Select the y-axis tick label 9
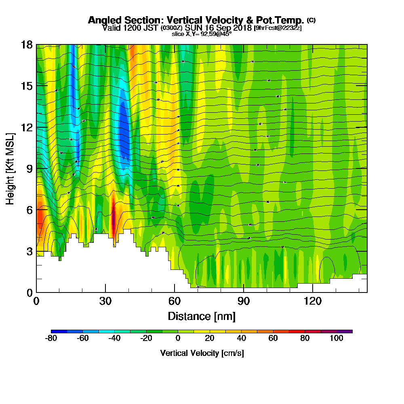[29, 168]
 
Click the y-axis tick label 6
[29, 210]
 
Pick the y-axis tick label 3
[29, 251]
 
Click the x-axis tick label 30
[105, 301]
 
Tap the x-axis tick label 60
[175, 301]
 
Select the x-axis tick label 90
[244, 301]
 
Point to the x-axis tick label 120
[313, 301]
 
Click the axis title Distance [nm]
[202, 316]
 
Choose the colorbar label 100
[337, 338]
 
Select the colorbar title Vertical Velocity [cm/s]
[202, 353]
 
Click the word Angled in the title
[104, 20]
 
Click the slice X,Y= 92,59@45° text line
[202, 34]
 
